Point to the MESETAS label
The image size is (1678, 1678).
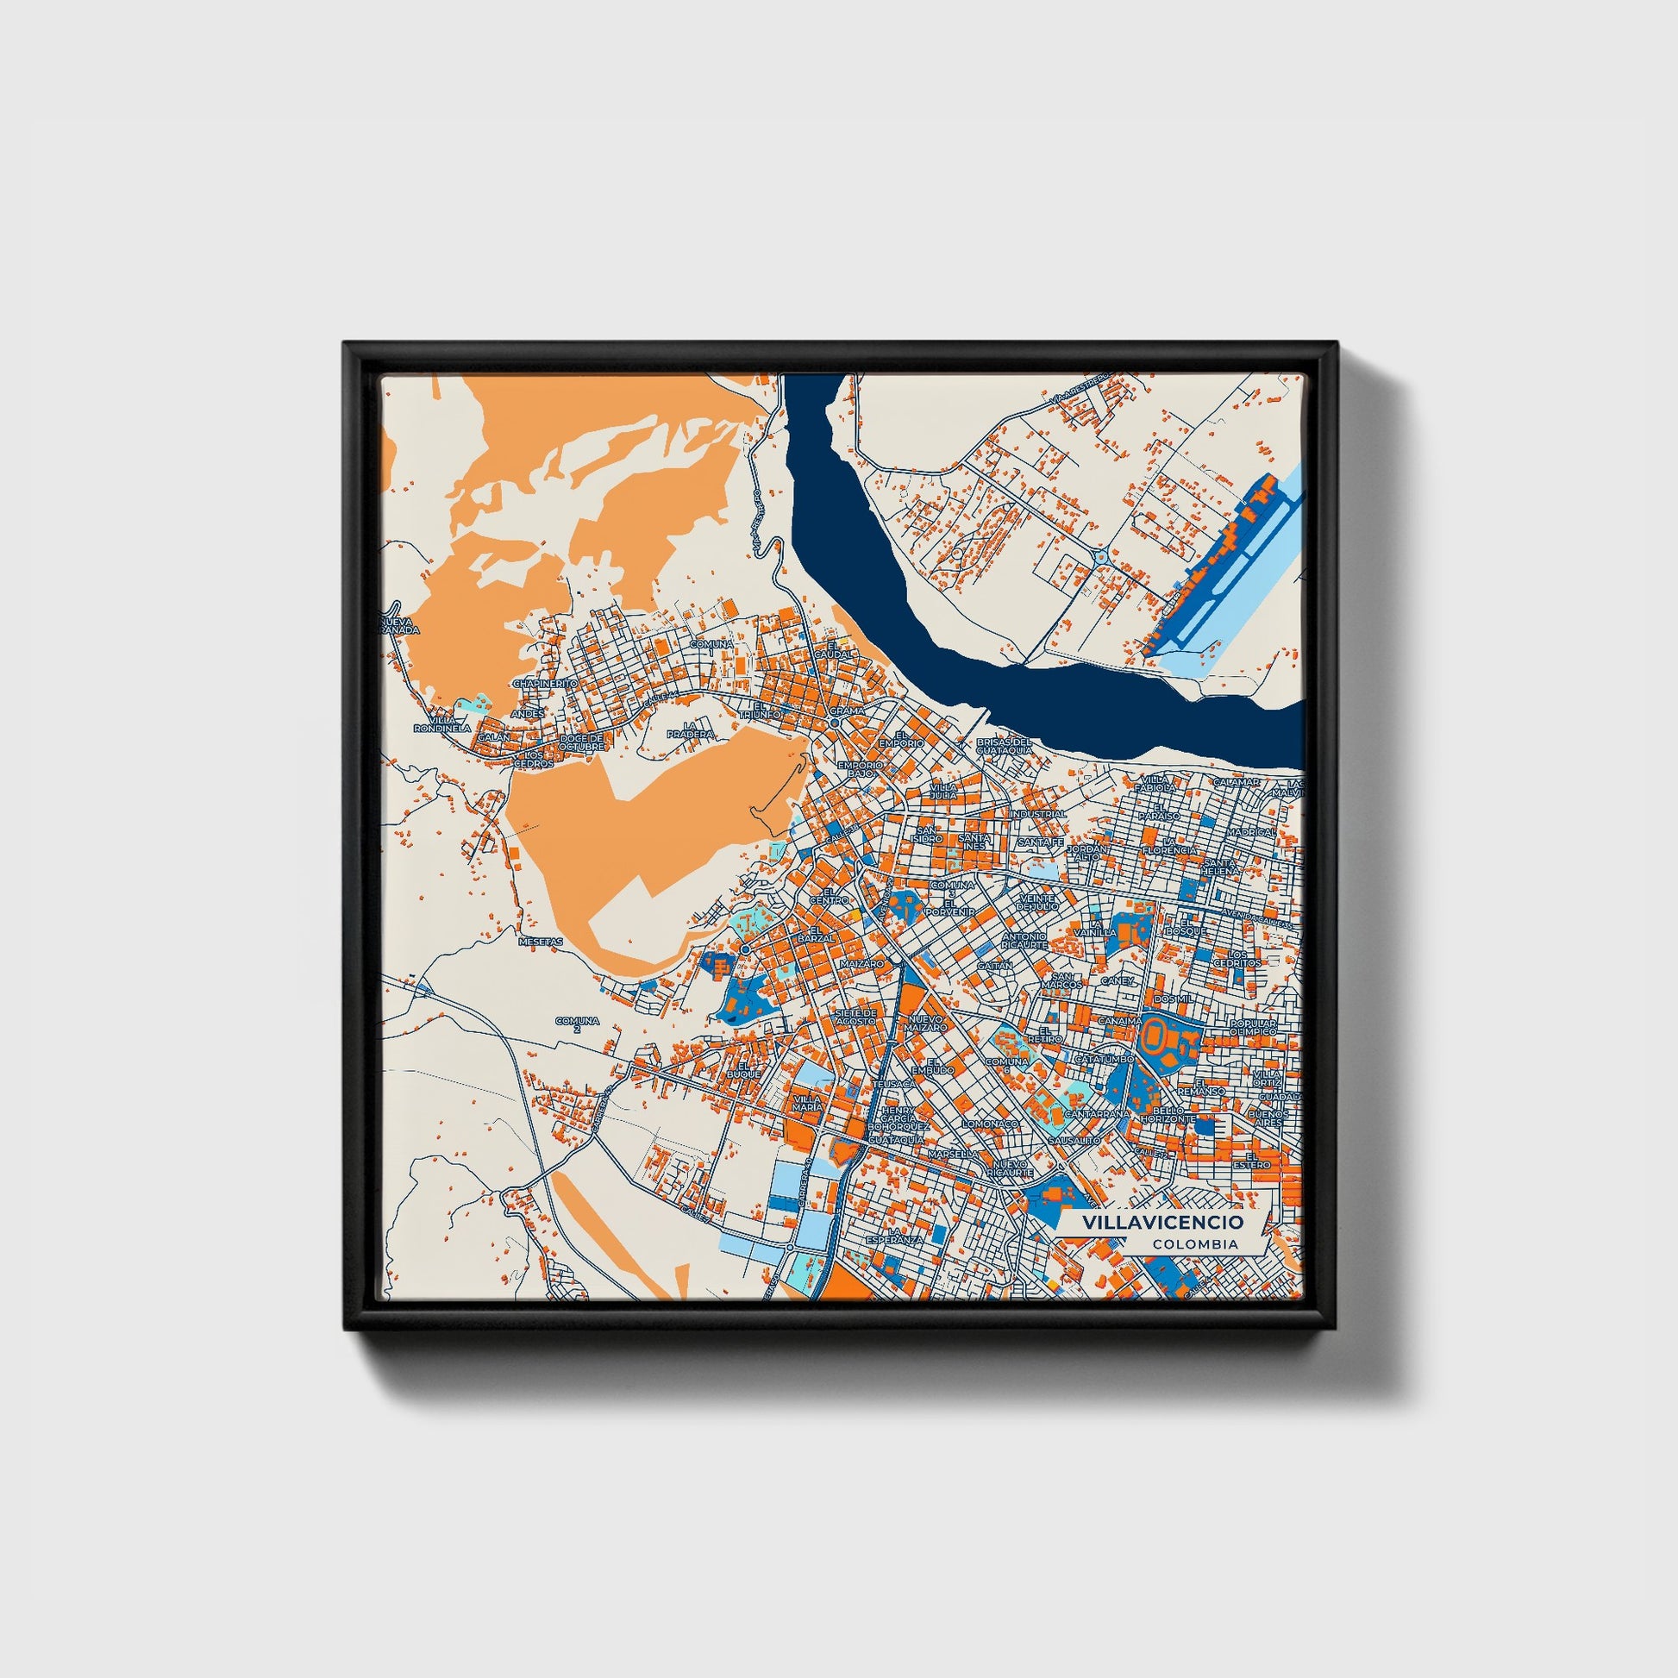coord(541,941)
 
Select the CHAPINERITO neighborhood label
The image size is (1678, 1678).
coord(546,684)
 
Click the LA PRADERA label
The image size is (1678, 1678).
coord(691,729)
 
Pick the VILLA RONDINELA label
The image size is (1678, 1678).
coord(442,723)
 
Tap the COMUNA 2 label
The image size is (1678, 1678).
coord(578,1025)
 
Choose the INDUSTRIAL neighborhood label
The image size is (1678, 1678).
coord(1038,814)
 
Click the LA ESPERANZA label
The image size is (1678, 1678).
coord(893,1236)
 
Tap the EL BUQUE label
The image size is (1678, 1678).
coord(748,1068)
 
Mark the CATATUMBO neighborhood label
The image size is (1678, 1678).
coord(1105,1060)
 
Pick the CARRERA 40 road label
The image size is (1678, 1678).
coord(805,1186)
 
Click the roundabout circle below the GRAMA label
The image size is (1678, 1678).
coord(835,723)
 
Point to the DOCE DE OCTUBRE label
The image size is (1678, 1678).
coord(581,742)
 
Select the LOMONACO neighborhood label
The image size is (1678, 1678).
coord(989,1124)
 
